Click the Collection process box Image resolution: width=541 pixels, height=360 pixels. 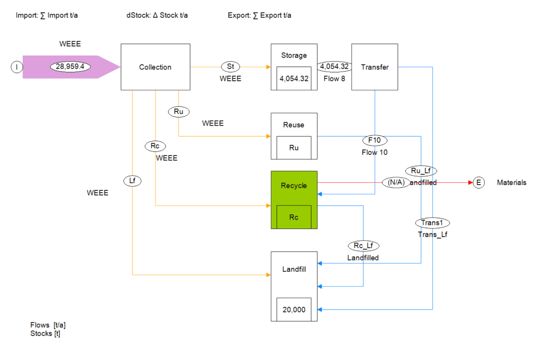click(155, 67)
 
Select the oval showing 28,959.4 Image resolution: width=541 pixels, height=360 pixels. click(70, 66)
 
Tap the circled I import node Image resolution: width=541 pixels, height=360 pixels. click(17, 67)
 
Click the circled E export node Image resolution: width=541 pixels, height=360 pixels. click(478, 183)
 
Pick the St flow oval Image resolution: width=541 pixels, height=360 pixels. click(230, 66)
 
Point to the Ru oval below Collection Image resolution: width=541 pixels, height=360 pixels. click(179, 111)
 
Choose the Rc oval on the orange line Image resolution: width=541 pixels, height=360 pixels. click(155, 146)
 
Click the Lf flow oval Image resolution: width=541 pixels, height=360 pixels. click(132, 180)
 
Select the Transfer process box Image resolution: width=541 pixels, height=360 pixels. click(375, 67)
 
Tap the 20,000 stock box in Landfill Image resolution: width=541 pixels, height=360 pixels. click(294, 309)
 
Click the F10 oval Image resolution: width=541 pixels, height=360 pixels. click(375, 140)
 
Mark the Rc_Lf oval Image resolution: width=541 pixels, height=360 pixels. click(363, 246)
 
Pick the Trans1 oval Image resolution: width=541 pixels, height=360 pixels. click(432, 223)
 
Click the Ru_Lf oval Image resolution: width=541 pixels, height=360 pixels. click(421, 171)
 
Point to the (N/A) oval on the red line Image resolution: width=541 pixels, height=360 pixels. click(396, 183)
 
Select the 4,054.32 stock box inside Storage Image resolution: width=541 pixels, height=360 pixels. click(294, 78)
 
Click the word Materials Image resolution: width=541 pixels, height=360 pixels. click(511, 183)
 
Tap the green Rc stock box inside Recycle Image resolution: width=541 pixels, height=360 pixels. click(294, 217)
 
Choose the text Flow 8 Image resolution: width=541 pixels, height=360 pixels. click(334, 79)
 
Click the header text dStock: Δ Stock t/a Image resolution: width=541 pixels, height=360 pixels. click(157, 16)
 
